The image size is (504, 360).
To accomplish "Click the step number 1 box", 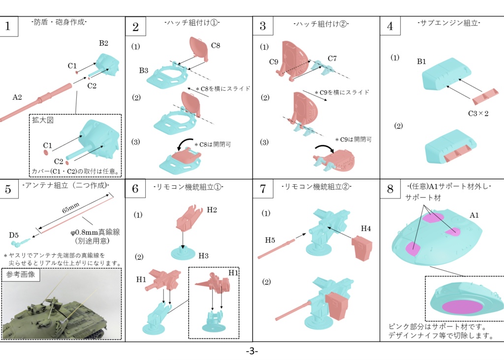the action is click(x=8, y=27).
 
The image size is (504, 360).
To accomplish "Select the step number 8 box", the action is click(x=390, y=189).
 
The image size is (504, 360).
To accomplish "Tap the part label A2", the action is click(x=17, y=97).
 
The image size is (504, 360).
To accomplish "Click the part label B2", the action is click(x=103, y=43).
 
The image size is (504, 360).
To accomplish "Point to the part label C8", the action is click(x=216, y=46).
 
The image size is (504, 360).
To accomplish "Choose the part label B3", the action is click(x=144, y=70).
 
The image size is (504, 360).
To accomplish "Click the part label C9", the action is click(x=274, y=62).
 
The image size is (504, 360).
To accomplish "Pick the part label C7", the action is click(x=332, y=59).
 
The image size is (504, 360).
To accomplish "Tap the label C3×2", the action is click(x=478, y=114).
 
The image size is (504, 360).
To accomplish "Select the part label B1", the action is click(x=421, y=62).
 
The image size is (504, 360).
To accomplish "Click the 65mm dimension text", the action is click(x=71, y=208).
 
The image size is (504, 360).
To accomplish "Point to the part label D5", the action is click(x=14, y=235).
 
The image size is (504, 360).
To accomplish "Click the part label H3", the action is click(x=203, y=256).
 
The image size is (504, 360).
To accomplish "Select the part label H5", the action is click(x=270, y=240).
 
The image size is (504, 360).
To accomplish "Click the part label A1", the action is click(x=474, y=215).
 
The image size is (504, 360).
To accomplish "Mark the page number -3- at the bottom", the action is click(x=252, y=351).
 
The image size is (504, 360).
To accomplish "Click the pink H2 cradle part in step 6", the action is click(x=189, y=218).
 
